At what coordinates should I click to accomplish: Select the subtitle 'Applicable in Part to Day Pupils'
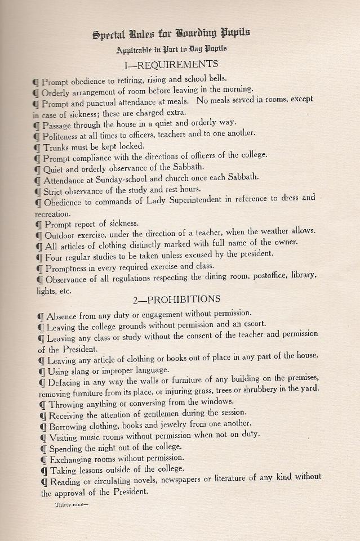[171, 50]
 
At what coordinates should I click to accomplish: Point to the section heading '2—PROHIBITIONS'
[176, 299]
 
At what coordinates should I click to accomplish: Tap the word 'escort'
[265, 325]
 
